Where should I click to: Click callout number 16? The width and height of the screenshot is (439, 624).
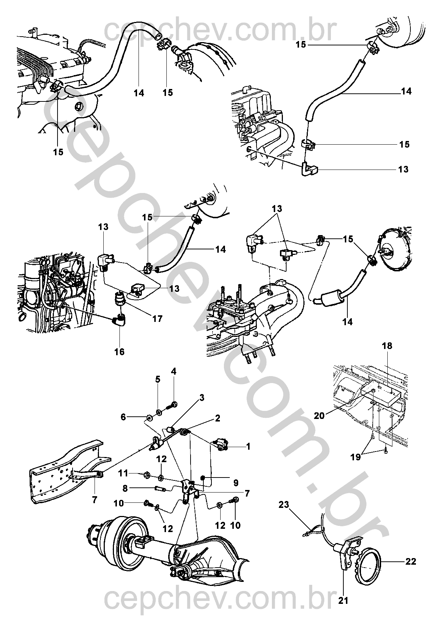click(119, 352)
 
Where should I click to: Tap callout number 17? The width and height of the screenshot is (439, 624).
click(157, 319)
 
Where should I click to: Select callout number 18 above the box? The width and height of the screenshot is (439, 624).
click(387, 345)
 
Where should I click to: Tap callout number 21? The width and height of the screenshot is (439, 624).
click(343, 601)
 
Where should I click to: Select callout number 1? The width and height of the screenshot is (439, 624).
click(248, 446)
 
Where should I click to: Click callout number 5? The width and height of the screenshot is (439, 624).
click(158, 379)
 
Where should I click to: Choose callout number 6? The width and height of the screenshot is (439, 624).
click(123, 417)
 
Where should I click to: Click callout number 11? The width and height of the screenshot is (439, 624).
click(123, 473)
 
